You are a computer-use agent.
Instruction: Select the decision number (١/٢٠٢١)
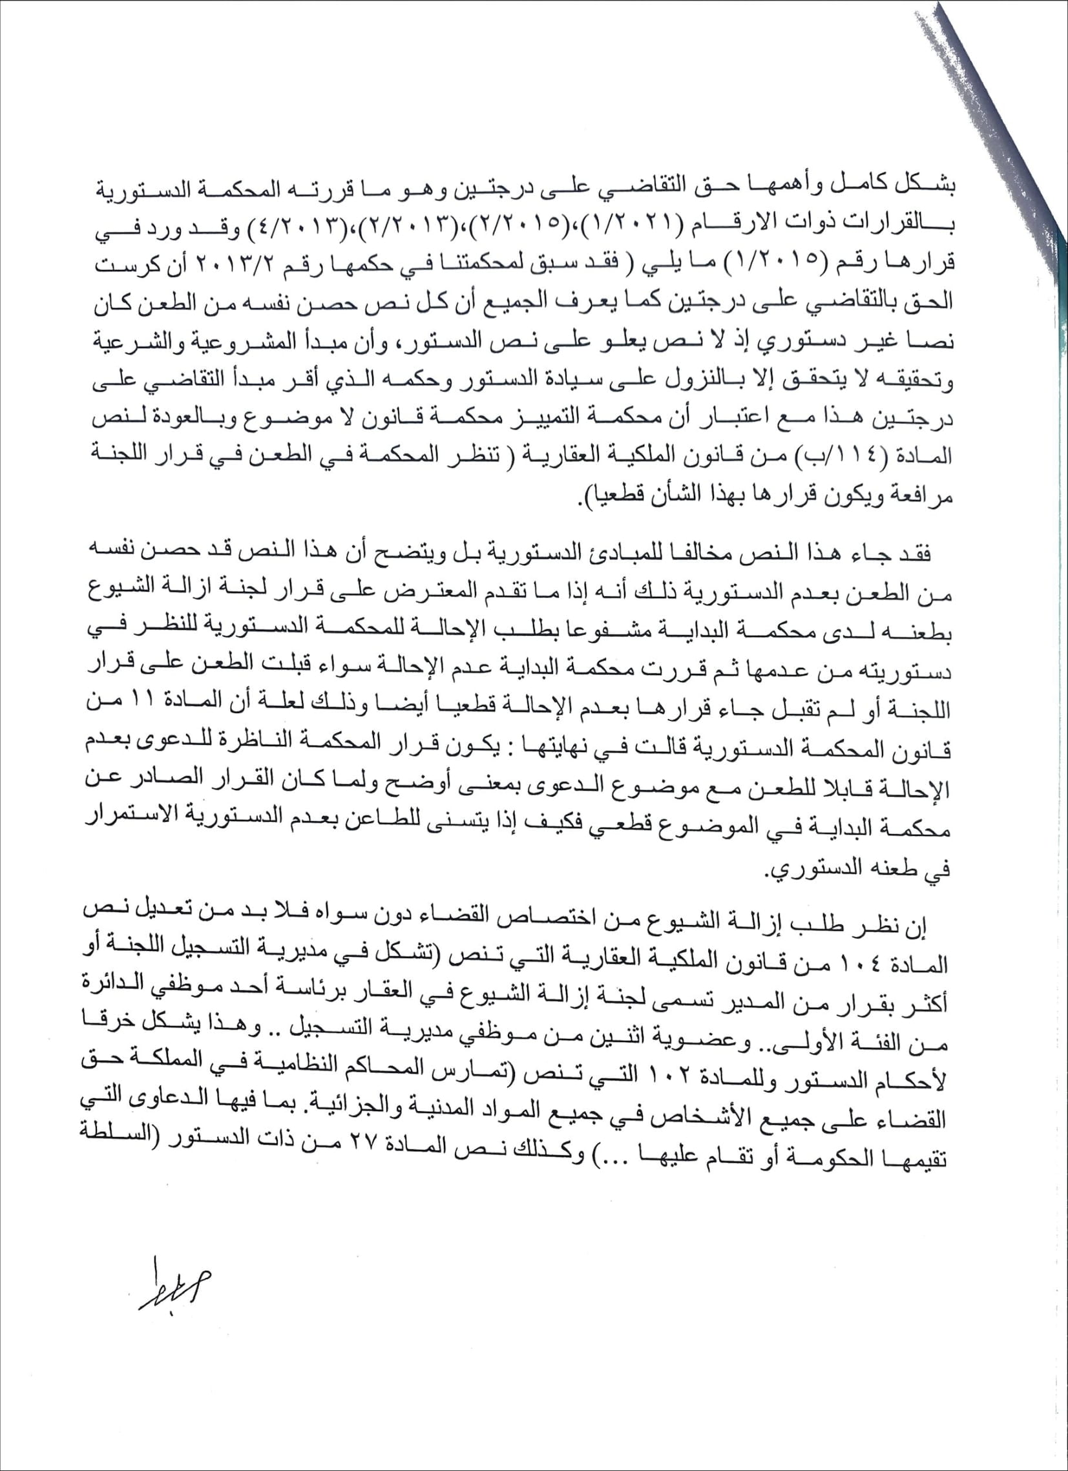point(634,225)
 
